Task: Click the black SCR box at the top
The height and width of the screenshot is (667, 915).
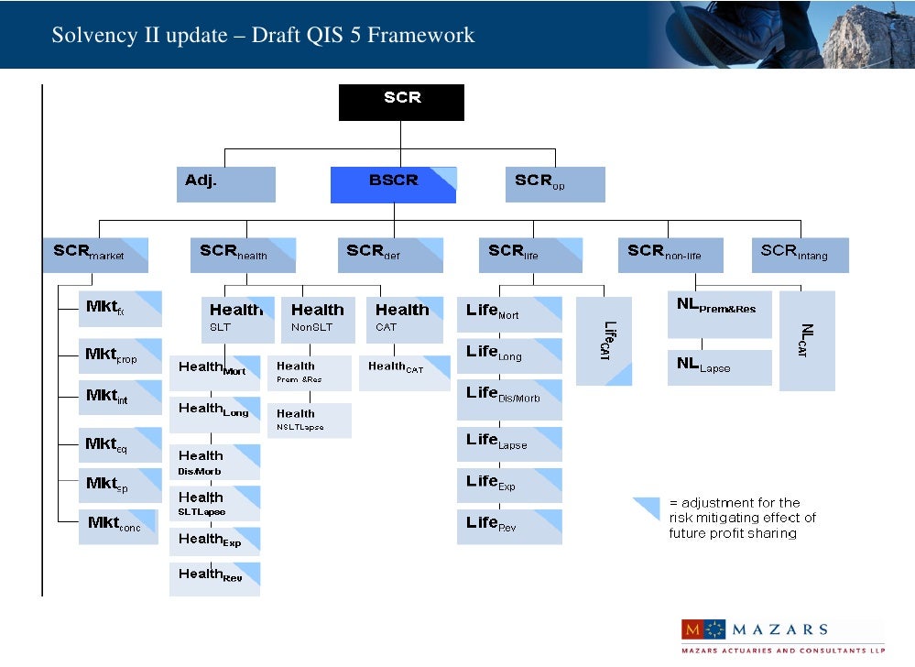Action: [401, 102]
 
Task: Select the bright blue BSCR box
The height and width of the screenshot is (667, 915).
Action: [393, 184]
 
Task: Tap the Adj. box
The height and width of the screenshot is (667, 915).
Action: [225, 184]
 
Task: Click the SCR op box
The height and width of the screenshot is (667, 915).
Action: [555, 184]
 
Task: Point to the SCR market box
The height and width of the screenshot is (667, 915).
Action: [94, 255]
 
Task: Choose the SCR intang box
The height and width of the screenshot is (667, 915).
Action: [800, 255]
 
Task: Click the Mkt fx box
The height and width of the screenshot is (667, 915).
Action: [119, 309]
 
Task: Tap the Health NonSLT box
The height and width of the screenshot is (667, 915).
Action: [318, 319]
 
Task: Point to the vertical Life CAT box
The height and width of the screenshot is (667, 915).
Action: [604, 341]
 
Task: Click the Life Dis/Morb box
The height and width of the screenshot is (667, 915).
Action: [509, 399]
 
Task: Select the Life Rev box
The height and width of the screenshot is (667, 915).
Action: [509, 527]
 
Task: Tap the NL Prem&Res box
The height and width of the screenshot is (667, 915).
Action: [719, 314]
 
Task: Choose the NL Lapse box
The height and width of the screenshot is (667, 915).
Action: [719, 367]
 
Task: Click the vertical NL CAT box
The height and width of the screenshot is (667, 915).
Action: [807, 341]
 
